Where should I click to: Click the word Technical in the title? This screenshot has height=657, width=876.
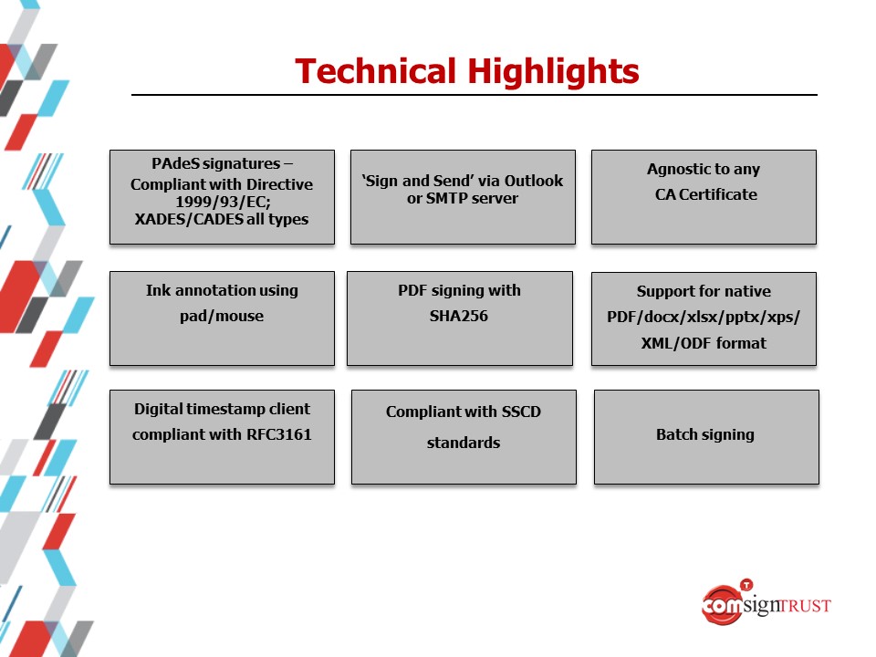375,71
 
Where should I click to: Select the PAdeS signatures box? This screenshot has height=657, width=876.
222,197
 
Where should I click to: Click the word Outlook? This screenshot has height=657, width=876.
534,181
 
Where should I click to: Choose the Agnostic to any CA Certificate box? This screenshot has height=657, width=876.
704,197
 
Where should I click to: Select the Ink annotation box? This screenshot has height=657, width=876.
222,318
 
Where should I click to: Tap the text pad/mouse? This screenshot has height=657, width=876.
222,317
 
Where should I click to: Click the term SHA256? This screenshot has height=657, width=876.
459,317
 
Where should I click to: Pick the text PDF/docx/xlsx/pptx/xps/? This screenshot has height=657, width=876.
704,318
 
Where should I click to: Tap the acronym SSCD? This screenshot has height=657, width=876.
521,412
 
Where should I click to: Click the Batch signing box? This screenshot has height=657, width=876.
706,437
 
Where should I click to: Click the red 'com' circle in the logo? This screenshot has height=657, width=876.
722,605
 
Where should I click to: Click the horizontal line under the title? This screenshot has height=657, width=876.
474,95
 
